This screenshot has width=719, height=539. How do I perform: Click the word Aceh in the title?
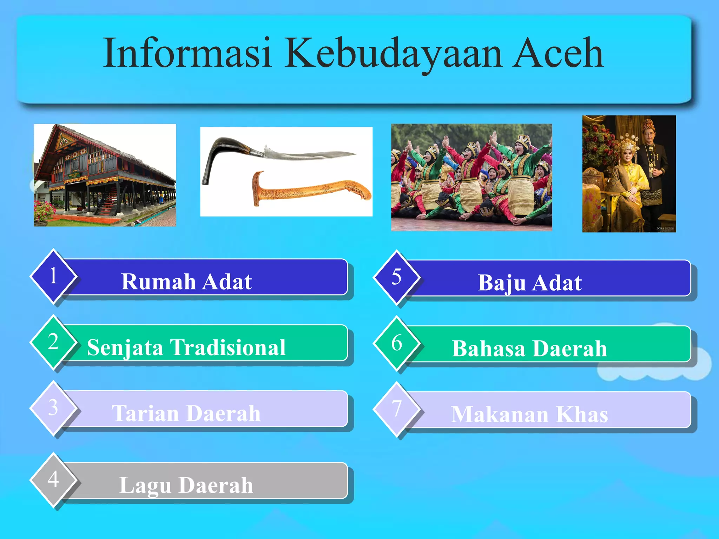(558, 54)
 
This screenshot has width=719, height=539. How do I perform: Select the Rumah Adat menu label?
(186, 281)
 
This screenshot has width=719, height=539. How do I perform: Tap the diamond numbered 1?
(53, 276)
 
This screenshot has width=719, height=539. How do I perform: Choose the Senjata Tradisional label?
(186, 347)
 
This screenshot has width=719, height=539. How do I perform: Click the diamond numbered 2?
(53, 342)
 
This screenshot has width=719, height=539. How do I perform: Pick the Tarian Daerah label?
(186, 413)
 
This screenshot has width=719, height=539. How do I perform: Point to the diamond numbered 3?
(53, 408)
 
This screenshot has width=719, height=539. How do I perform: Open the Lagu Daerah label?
(186, 485)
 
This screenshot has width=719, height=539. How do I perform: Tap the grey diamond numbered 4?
(53, 480)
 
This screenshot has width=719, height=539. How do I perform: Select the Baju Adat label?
(530, 282)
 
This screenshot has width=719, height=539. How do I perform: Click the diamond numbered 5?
(397, 277)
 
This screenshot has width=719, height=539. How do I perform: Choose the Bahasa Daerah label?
(530, 348)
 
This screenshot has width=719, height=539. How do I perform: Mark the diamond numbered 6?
(397, 343)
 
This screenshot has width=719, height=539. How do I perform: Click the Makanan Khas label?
(530, 414)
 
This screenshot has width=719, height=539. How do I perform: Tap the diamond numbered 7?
(397, 409)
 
